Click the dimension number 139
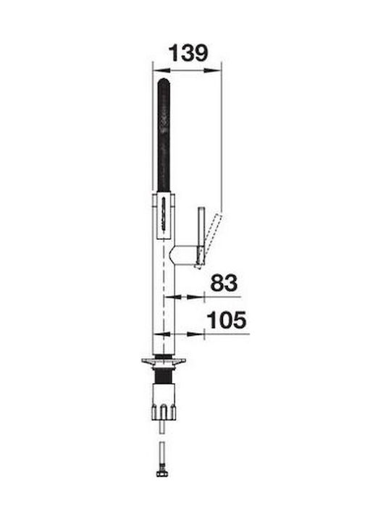click(x=188, y=53)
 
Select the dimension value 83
click(x=224, y=283)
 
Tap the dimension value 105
click(x=227, y=320)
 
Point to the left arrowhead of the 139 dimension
click(x=161, y=70)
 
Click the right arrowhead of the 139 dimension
click(x=212, y=70)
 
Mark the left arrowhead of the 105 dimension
click(x=161, y=334)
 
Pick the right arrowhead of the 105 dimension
click(x=195, y=334)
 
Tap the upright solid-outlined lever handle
click(x=201, y=232)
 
